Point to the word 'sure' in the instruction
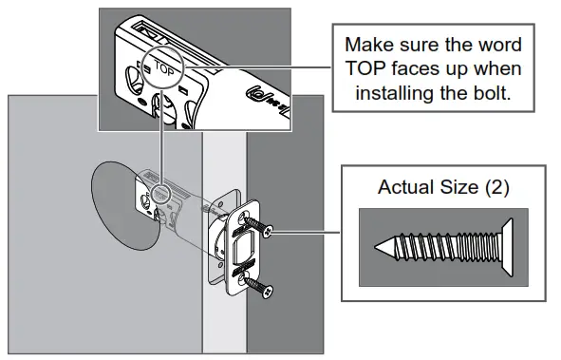tap(425, 46)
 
